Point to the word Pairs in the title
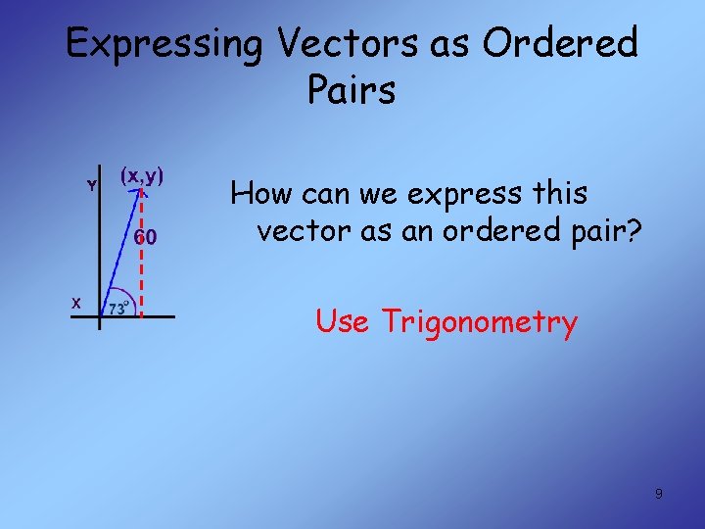click(351, 90)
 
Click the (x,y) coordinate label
click(142, 176)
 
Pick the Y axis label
click(91, 185)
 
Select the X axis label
click(75, 303)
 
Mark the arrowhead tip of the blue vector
click(142, 193)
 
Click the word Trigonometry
click(479, 322)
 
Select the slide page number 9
click(658, 494)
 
